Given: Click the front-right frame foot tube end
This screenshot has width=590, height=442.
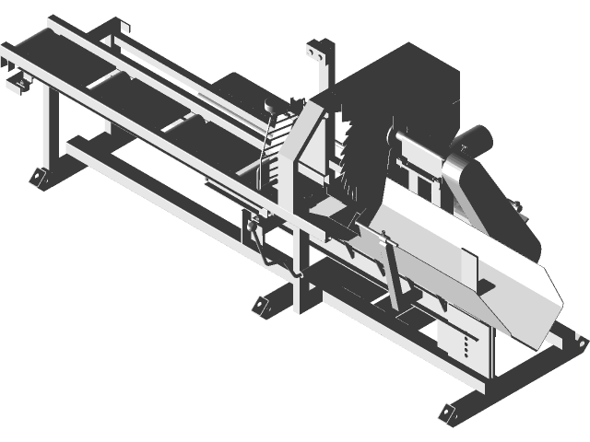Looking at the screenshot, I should click(449, 411).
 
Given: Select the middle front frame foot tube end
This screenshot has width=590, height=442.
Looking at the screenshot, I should click(260, 305).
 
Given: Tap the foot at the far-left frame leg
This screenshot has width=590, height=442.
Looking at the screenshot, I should click(38, 175).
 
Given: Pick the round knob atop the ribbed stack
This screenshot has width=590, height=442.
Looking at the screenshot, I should click(270, 105).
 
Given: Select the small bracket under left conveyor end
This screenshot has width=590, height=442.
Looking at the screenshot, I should click(18, 85).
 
